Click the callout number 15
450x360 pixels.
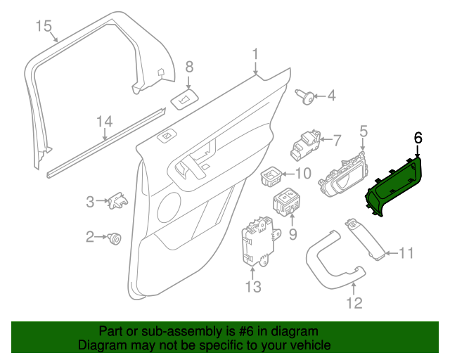tap(44, 26)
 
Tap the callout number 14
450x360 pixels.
tap(104, 122)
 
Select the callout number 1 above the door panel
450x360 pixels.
tap(256, 53)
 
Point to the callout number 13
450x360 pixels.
tap(253, 286)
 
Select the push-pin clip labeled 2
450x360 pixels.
tap(115, 238)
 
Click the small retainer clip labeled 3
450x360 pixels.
tap(116, 202)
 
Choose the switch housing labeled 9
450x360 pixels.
tap(285, 205)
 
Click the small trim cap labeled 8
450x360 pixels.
tap(184, 100)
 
